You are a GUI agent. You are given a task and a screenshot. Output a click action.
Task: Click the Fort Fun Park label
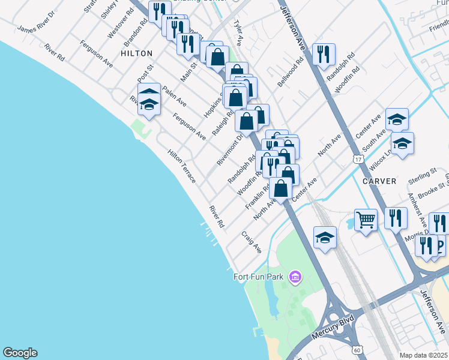pyautogui.click(x=259, y=277)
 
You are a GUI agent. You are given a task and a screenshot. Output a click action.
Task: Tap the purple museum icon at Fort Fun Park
pyautogui.click(x=295, y=277)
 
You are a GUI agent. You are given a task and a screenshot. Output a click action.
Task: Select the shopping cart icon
pyautogui.click(x=366, y=220)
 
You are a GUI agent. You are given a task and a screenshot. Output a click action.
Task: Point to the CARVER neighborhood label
pyautogui.click(x=379, y=181)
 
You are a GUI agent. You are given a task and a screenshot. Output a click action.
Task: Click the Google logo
pyautogui.click(x=20, y=353)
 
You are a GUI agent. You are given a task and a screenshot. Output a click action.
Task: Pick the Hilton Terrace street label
pyautogui.click(x=182, y=166)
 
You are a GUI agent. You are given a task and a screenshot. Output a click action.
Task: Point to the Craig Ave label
pyautogui.click(x=252, y=242)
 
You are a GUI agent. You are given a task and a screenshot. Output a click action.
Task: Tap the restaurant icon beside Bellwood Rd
pyautogui.click(x=324, y=54)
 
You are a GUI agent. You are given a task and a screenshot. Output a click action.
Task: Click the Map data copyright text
pyautogui.click(x=424, y=355)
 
